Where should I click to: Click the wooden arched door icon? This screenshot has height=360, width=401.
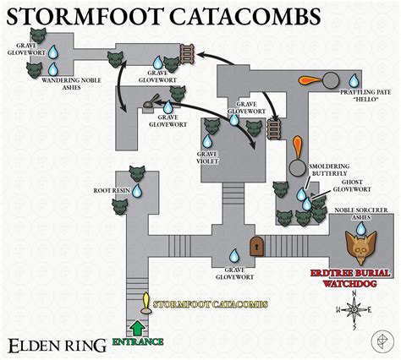255,247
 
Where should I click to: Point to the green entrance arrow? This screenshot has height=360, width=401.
135,326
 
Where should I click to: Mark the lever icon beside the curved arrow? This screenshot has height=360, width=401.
149,105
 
